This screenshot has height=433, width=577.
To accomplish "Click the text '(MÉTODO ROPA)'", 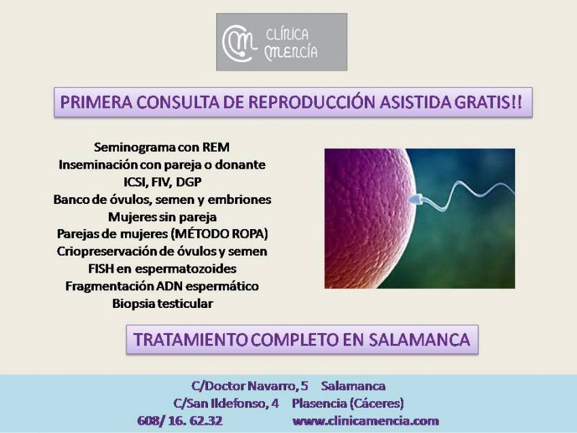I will pos(220,234).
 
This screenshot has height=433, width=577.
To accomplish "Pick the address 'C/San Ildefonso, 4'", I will pos(226,402).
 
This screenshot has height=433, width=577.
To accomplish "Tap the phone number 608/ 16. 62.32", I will pos(179,421).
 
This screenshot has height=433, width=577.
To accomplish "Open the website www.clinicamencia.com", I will pos(366,421).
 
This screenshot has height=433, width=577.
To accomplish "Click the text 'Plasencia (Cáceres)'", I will pos(348,402).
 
